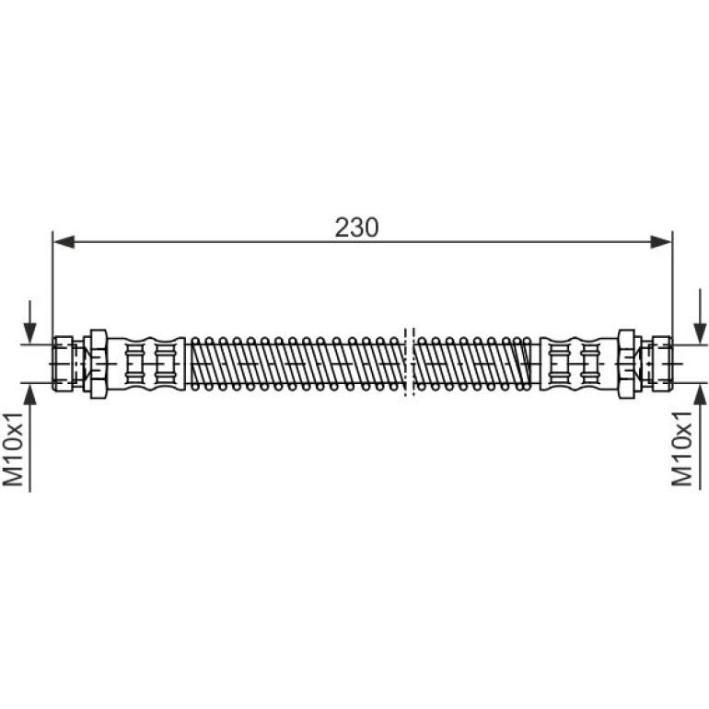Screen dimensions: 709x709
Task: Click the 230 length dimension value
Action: tap(356, 227)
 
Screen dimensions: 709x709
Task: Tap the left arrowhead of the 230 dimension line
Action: tap(64, 242)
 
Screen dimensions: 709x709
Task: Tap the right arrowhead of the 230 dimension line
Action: tap(660, 242)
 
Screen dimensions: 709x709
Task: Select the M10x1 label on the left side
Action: tap(13, 449)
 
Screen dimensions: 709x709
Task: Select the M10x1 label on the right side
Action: tap(682, 449)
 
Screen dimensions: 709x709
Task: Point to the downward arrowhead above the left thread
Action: tap(29, 333)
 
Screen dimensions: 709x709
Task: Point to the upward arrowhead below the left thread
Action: tap(29, 394)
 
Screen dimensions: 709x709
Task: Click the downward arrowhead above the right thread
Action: tap(700, 333)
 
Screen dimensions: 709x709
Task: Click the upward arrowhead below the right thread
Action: tap(700, 394)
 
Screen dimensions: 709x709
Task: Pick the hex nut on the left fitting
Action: tap(99, 364)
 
